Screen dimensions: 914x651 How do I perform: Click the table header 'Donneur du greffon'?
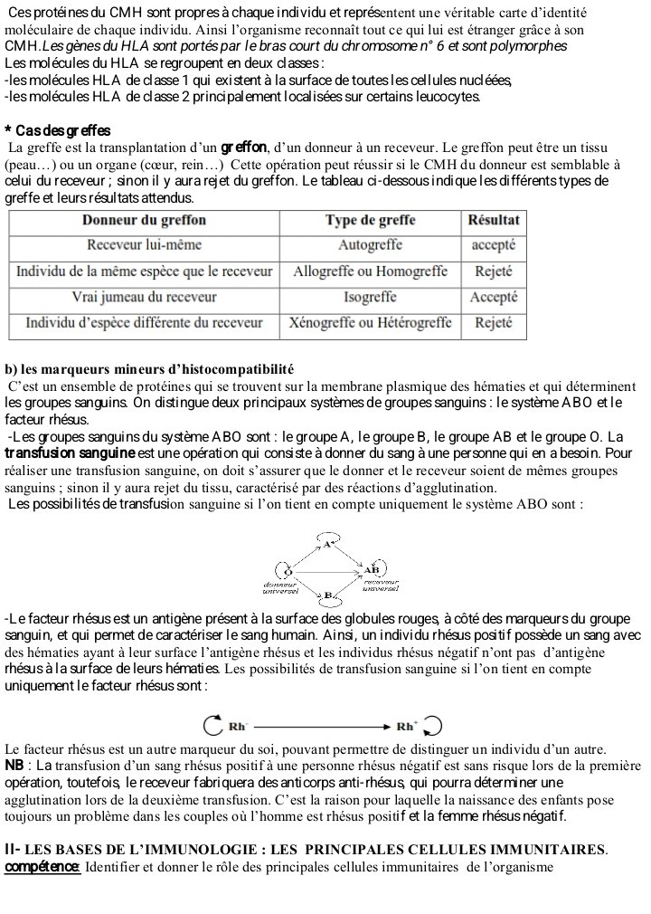click(x=144, y=220)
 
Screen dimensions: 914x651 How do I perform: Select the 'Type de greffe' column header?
click(x=370, y=220)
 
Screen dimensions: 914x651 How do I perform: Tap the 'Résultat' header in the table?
click(x=494, y=220)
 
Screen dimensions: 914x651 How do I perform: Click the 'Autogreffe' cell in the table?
click(x=370, y=245)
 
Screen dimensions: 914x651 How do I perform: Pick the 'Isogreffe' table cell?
click(x=370, y=297)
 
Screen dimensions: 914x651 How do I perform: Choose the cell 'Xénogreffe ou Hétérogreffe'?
click(x=370, y=323)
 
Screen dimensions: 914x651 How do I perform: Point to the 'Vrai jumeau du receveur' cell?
click(x=144, y=297)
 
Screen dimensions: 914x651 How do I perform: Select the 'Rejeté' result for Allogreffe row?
click(x=494, y=271)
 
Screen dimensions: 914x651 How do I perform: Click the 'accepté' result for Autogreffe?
click(x=494, y=245)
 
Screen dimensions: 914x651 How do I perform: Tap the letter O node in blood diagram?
click(x=288, y=571)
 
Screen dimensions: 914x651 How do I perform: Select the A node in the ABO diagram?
click(x=327, y=545)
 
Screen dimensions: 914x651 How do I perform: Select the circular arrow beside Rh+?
click(x=433, y=726)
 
